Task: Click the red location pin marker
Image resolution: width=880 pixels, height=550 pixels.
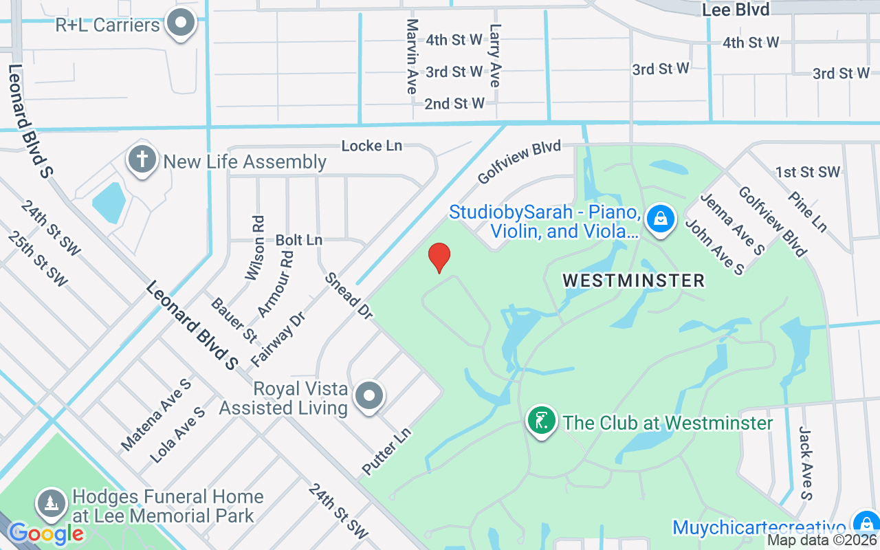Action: tap(439, 258)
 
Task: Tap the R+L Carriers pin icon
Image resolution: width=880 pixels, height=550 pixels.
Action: tap(181, 23)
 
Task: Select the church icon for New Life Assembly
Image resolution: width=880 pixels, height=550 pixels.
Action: tap(142, 160)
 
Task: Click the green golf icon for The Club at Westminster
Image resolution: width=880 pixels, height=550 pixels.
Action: tap(542, 421)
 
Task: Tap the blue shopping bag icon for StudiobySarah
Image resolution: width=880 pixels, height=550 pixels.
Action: tap(660, 219)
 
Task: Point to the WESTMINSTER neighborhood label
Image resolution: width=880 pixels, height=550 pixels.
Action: tap(633, 280)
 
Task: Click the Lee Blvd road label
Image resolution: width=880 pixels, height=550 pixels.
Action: tap(735, 10)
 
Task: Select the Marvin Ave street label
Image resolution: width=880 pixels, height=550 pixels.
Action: tap(412, 56)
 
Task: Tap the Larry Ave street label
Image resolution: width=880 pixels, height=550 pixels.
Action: tap(494, 56)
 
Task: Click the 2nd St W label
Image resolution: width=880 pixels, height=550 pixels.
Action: tap(454, 104)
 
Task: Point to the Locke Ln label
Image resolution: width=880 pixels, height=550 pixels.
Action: tap(371, 146)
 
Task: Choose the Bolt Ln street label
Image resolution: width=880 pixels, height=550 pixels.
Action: tap(298, 240)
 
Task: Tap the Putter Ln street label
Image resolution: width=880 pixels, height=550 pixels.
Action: tap(386, 451)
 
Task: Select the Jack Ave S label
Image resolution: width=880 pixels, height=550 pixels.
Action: tap(806, 462)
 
